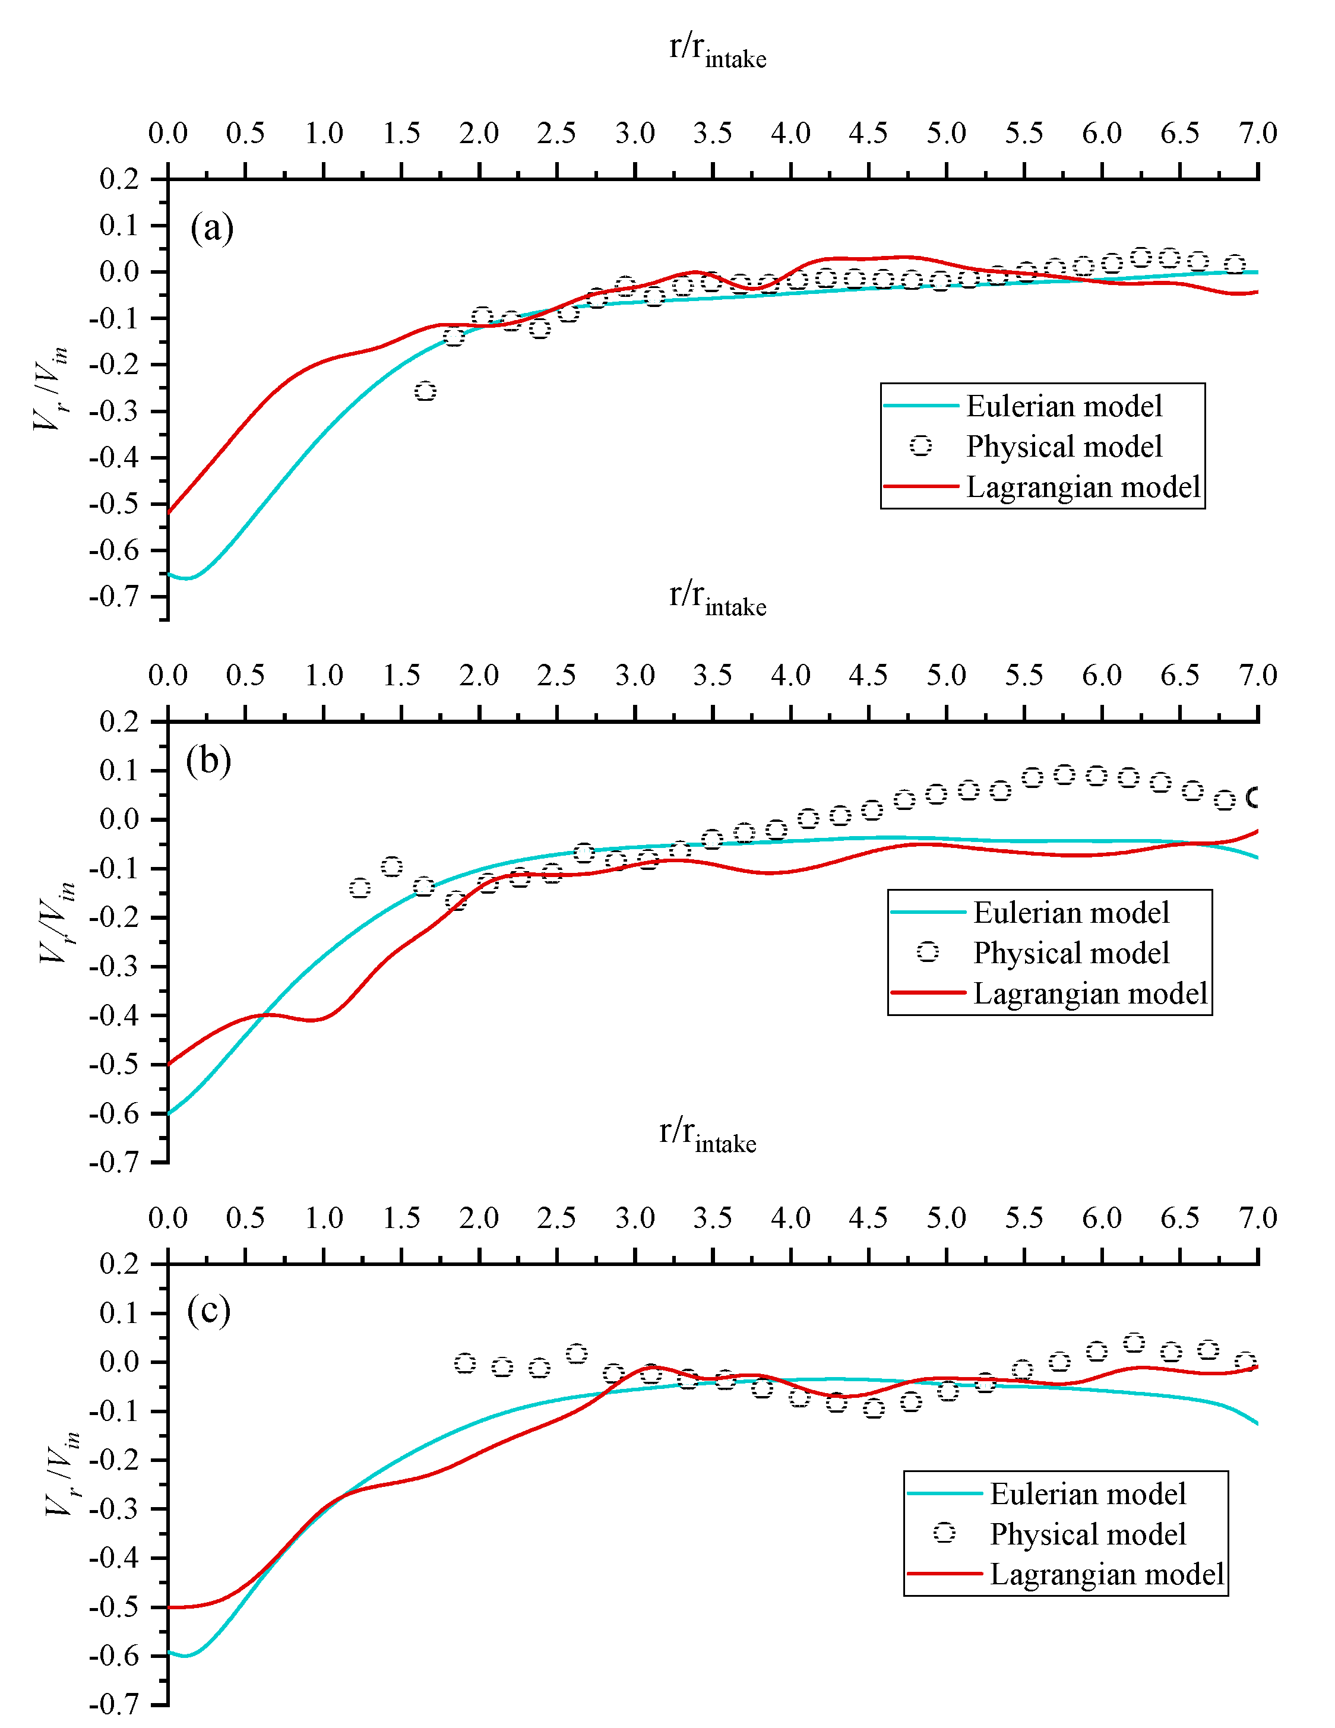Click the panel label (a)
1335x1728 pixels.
click(x=211, y=228)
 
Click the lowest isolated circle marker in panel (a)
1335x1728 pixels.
click(x=426, y=391)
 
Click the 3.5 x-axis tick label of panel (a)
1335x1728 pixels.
click(x=712, y=133)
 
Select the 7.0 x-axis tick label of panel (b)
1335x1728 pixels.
click(x=1257, y=675)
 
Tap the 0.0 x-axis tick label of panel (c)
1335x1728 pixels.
click(x=167, y=1218)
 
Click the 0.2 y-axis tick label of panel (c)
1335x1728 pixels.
click(x=119, y=1264)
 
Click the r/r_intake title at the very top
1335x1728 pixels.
click(x=717, y=49)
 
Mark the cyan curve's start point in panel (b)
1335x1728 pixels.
click(x=169, y=1113)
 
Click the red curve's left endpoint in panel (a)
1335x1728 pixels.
click(x=169, y=512)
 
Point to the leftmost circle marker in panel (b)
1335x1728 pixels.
click(x=360, y=888)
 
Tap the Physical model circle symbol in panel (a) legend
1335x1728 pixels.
click(x=920, y=446)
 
